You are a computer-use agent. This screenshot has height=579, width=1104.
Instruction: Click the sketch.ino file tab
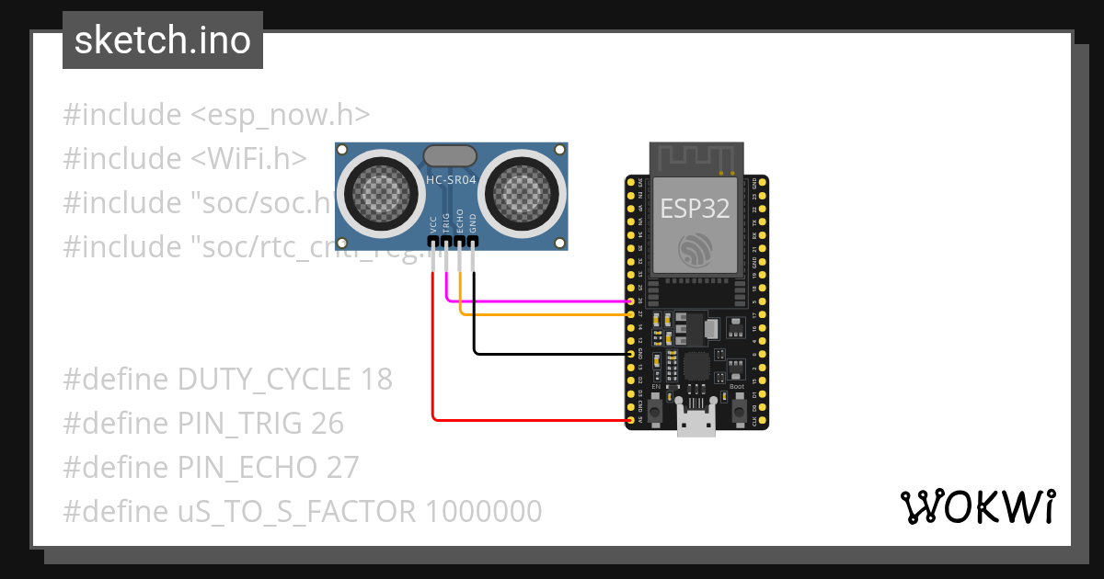click(163, 40)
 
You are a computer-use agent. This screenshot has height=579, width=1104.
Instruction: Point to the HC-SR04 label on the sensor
click(451, 180)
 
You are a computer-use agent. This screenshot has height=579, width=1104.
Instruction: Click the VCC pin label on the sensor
click(433, 225)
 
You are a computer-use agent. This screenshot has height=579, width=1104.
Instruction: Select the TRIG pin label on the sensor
click(446, 225)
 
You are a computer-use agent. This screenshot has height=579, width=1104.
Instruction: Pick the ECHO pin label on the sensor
click(460, 225)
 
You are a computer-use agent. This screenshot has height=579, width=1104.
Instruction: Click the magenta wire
click(543, 301)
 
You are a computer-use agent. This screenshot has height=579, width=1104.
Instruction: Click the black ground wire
click(552, 353)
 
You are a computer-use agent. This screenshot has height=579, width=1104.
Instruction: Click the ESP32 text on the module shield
click(695, 209)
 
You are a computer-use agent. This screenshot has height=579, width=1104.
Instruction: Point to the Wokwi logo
click(977, 506)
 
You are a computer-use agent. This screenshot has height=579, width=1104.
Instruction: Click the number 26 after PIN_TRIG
click(326, 424)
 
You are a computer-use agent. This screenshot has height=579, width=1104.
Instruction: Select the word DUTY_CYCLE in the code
click(263, 380)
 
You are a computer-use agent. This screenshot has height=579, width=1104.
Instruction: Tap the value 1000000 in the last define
click(483, 511)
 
